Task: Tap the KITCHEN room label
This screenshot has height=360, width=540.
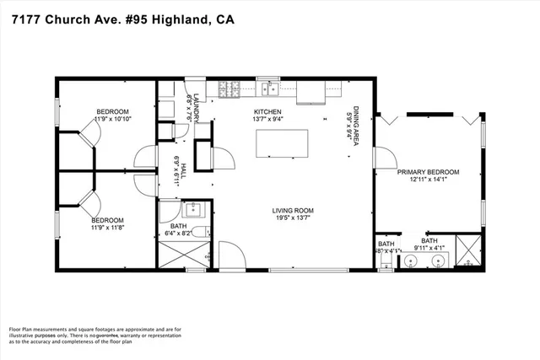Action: click(267, 112)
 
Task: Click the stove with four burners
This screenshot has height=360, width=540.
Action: click(227, 88)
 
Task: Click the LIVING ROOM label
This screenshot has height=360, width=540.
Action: click(293, 211)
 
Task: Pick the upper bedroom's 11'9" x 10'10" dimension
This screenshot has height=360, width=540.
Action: click(112, 120)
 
